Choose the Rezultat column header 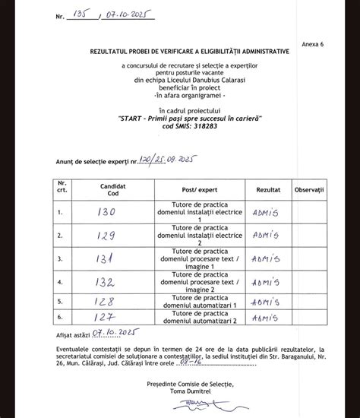[268, 185]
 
